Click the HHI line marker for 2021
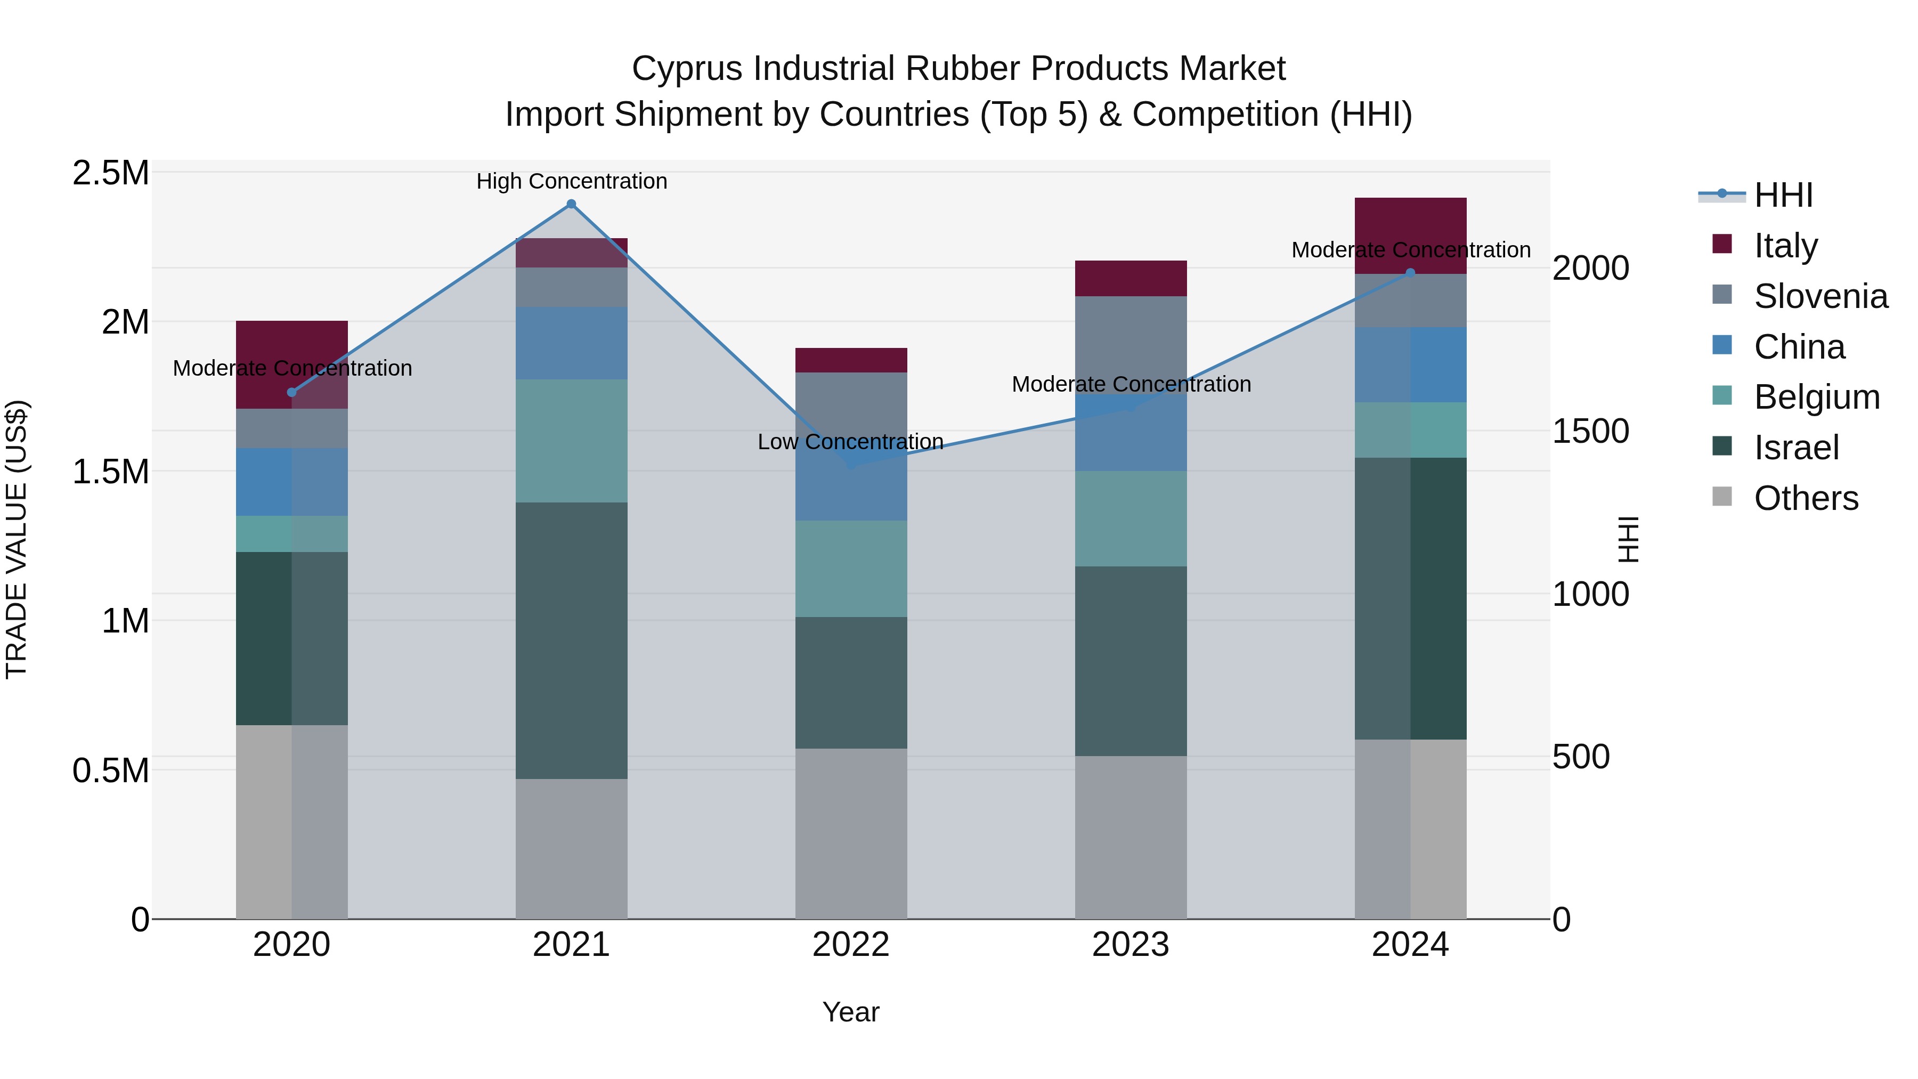tap(571, 204)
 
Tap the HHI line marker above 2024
tap(1409, 273)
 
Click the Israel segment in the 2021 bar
tap(571, 640)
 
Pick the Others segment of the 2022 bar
tap(851, 833)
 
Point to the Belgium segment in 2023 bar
tap(1130, 518)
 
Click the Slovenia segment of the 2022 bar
tap(851, 402)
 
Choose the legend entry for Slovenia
tap(1820, 296)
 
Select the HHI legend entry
tap(1783, 195)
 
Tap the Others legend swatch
tap(1722, 497)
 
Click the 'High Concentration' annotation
tap(571, 181)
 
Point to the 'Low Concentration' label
tap(850, 442)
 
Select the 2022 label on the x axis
tap(851, 945)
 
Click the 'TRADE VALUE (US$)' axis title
tap(17, 539)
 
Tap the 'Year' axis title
tap(850, 1012)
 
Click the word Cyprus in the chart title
tap(687, 69)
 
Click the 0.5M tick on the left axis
tap(110, 770)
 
